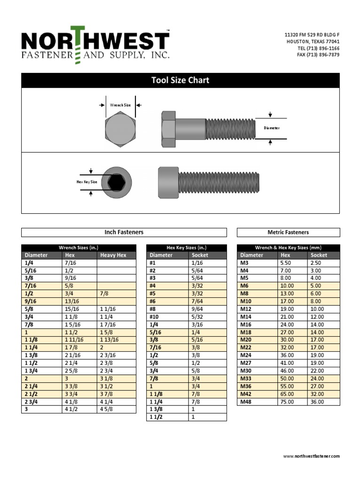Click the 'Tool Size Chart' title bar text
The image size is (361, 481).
click(180, 80)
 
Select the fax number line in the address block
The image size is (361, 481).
click(318, 55)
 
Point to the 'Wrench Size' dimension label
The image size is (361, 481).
click(120, 105)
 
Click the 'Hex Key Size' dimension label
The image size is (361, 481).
click(87, 182)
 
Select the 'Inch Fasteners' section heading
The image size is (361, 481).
click(124, 232)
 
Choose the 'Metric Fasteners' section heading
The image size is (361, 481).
click(288, 232)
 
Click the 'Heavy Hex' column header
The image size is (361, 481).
click(113, 255)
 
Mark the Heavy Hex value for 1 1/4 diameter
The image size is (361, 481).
click(102, 348)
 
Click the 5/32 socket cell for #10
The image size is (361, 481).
click(197, 317)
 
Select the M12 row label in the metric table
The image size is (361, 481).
click(246, 309)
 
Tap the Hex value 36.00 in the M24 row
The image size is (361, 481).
click(287, 355)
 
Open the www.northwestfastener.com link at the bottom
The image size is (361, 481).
click(311, 456)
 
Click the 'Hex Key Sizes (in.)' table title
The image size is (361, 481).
click(187, 248)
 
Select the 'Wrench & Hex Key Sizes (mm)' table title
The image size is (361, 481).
click(288, 248)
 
